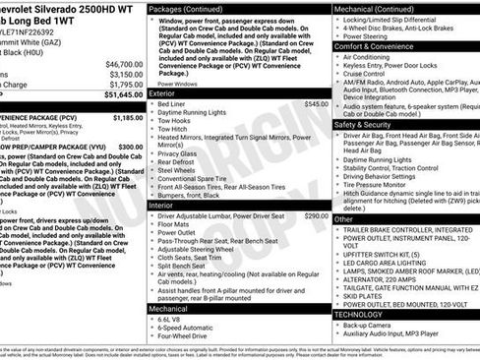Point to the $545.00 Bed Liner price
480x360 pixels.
tap(316, 103)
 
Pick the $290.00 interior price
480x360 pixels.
tap(316, 215)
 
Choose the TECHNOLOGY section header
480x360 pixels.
tap(366, 314)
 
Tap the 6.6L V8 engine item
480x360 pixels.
tap(171, 320)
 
